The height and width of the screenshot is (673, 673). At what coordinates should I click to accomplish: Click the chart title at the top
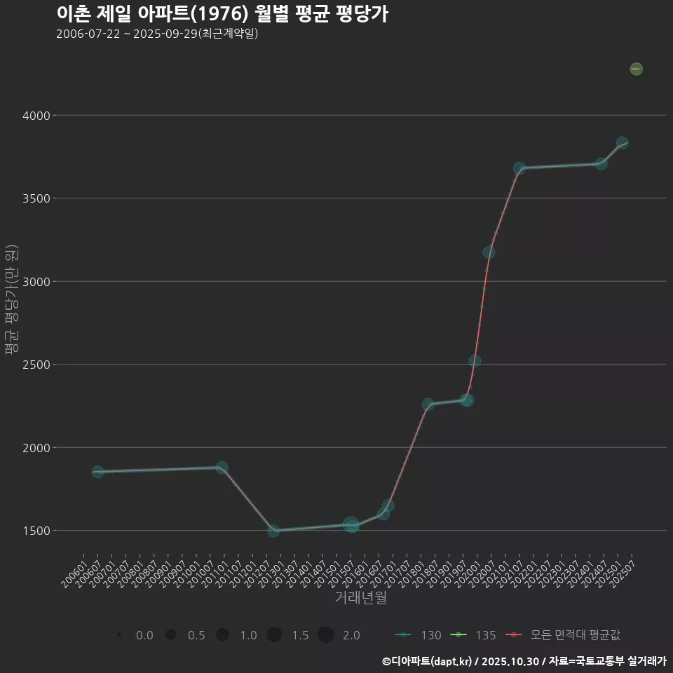[222, 14]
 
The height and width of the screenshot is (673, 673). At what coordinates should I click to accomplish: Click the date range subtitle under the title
[157, 34]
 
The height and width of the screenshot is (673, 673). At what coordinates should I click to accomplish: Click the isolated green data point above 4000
[636, 69]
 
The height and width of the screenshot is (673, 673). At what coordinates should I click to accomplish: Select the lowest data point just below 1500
[273, 531]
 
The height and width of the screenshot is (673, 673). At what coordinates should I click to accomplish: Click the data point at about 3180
[489, 252]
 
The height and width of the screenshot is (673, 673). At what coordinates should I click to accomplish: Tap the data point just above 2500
[475, 361]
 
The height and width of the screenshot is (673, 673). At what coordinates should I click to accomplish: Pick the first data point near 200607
[97, 472]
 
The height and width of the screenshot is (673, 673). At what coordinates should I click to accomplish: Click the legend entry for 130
[419, 635]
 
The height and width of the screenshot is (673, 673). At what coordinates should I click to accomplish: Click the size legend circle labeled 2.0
[325, 635]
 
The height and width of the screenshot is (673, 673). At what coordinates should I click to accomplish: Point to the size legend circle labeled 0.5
[170, 635]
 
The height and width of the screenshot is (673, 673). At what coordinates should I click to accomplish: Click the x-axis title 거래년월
[360, 598]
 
